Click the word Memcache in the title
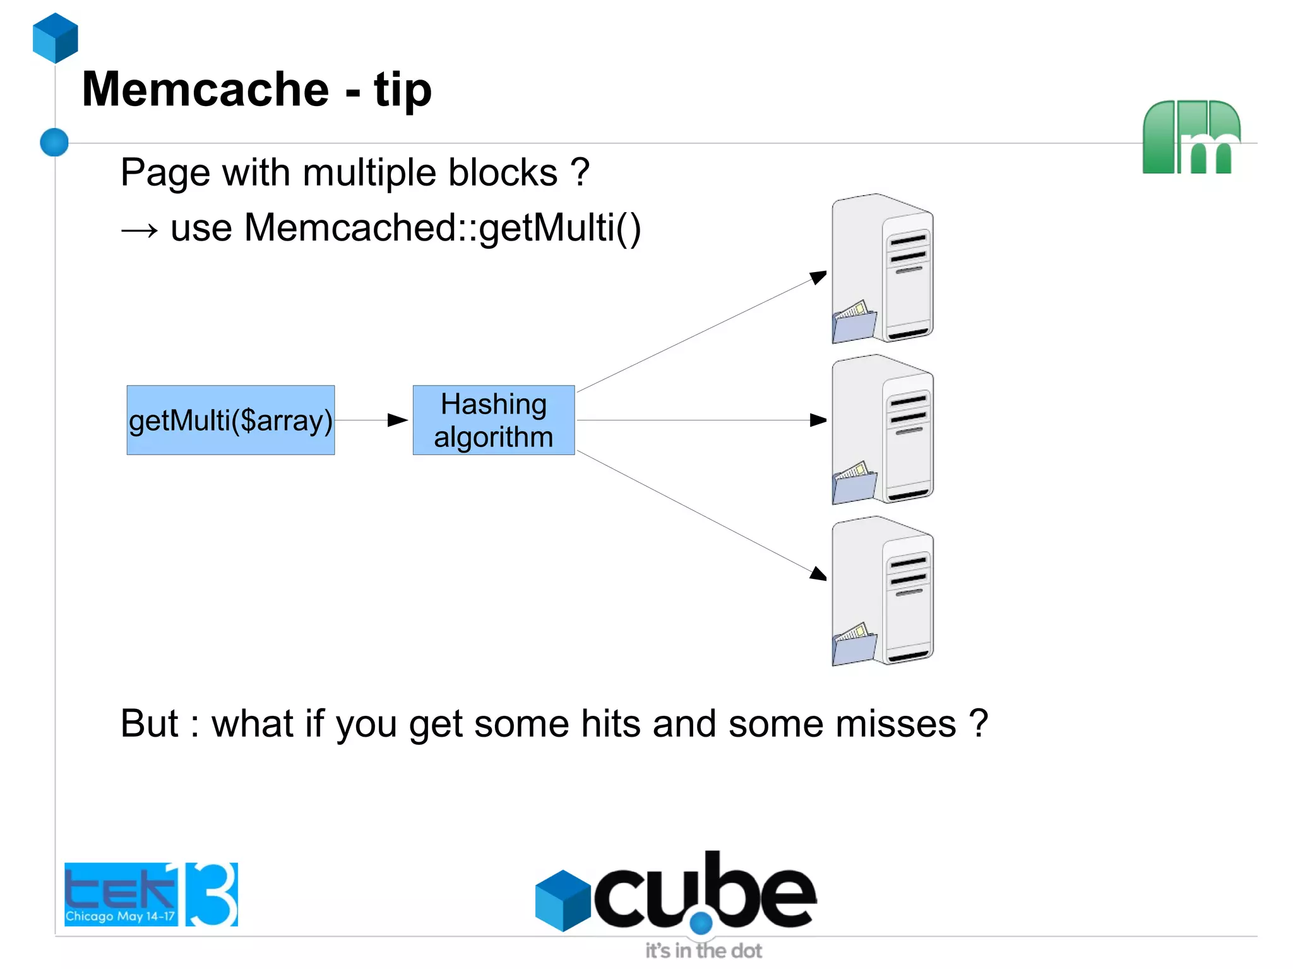click(x=205, y=89)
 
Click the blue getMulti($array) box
click(x=230, y=420)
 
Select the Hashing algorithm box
click(x=493, y=420)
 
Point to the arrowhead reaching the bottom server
click(x=818, y=573)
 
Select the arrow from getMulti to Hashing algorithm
click(x=372, y=420)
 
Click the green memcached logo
click(x=1191, y=137)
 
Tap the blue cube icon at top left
click(x=56, y=38)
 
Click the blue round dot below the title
click(x=54, y=142)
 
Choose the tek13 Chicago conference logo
click(x=151, y=894)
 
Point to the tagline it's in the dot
click(x=703, y=951)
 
